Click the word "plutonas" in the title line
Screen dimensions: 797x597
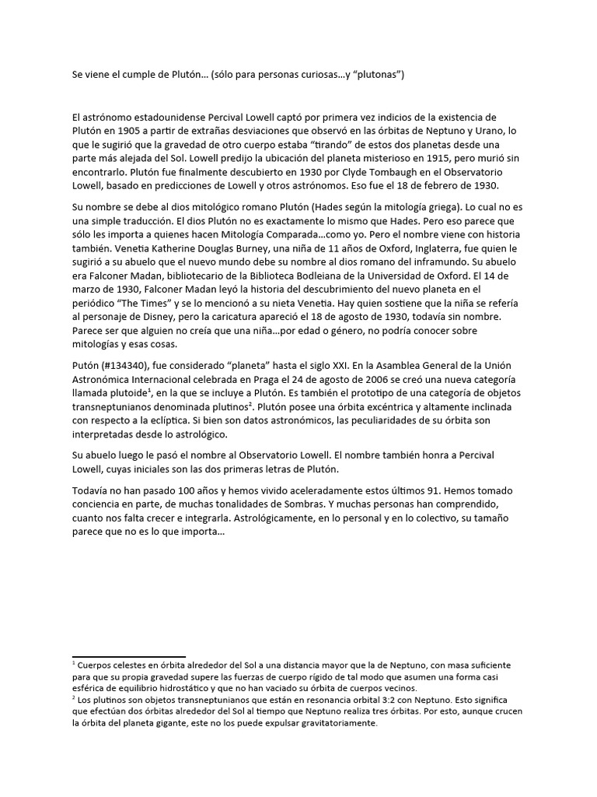(375, 75)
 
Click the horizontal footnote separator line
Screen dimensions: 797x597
(128, 657)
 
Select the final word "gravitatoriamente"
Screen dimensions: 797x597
(330, 723)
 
